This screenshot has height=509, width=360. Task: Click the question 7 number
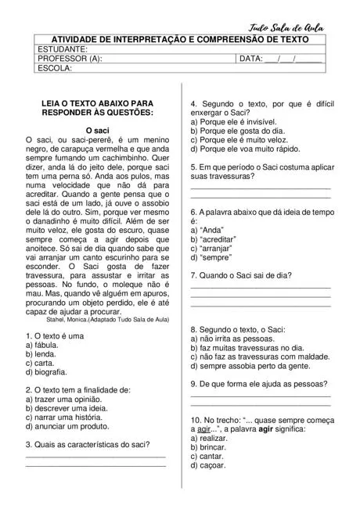pos(194,275)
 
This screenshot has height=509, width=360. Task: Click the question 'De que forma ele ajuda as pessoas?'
pos(260,384)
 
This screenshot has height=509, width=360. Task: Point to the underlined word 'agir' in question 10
pos(205,429)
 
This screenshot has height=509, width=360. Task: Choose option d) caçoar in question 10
pos(207,465)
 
